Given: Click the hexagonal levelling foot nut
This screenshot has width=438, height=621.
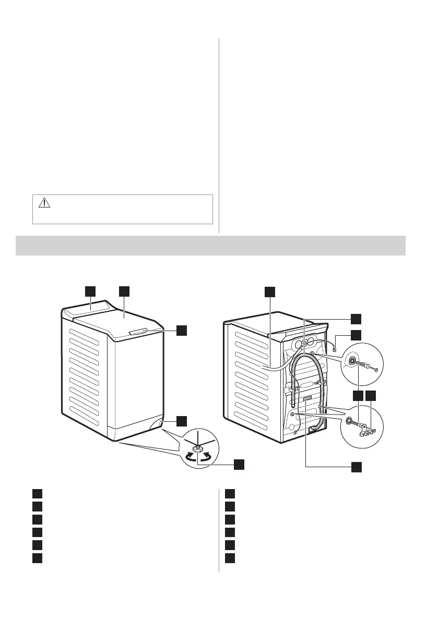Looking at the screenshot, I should coord(198,448).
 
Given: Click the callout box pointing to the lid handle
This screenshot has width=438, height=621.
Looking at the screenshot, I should coord(181,330).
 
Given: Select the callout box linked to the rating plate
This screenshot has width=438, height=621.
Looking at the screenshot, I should coord(356,467).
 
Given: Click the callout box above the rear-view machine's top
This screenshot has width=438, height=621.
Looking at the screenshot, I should coord(269,291).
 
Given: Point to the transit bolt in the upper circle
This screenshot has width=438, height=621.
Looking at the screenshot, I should coord(364,364).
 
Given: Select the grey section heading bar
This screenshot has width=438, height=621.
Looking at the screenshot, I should coord(211,245).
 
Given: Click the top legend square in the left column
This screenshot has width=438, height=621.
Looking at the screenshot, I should coord(36,494).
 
